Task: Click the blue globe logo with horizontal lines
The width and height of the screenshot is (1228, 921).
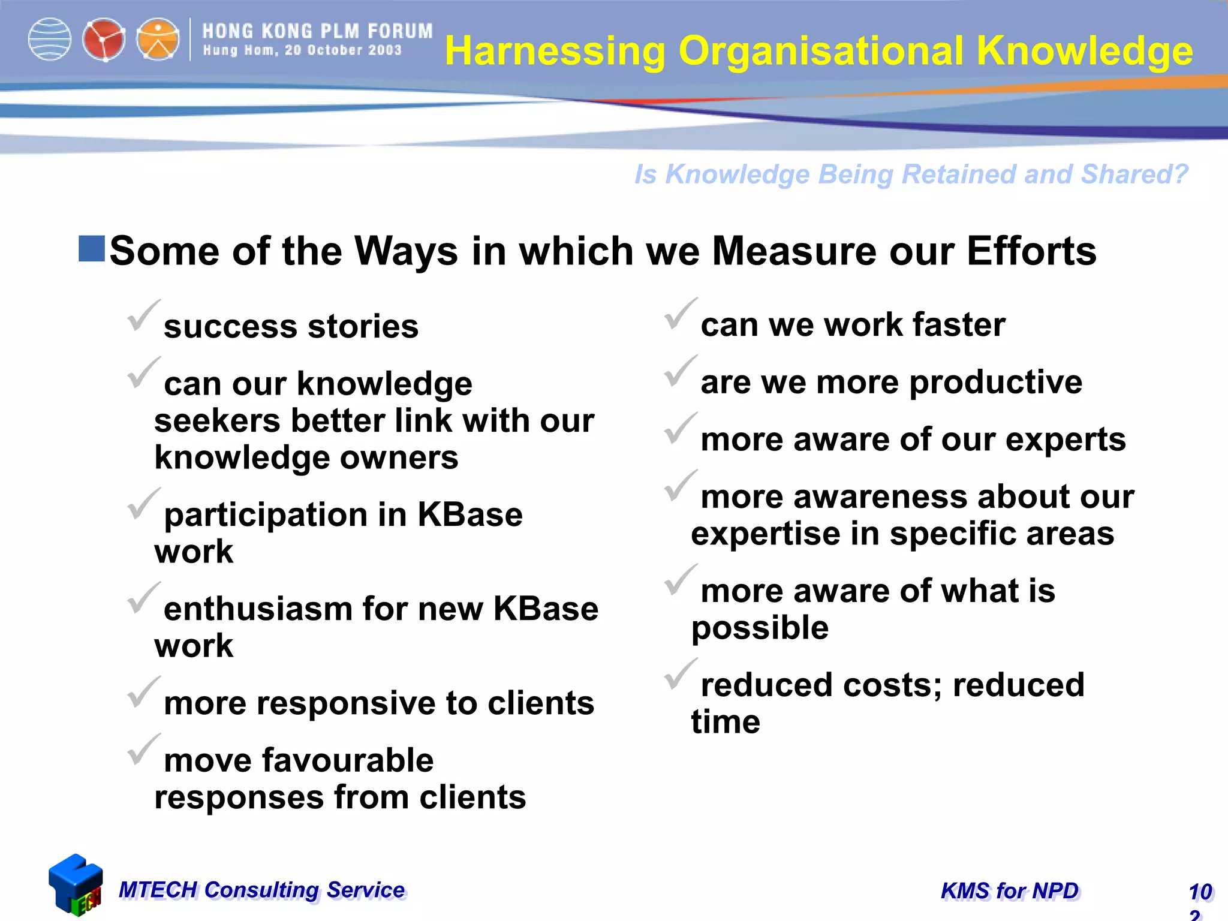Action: tap(50, 40)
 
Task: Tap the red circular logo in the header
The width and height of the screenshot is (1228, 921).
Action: tap(104, 40)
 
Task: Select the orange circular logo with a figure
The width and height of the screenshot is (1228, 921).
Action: tap(158, 40)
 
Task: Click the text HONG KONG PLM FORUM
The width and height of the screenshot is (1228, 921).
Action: tap(317, 31)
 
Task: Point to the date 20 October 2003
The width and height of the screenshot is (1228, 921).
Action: tap(343, 50)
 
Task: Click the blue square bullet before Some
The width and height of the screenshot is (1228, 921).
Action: tap(92, 249)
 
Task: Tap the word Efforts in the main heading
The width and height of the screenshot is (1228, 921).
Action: tap(1031, 251)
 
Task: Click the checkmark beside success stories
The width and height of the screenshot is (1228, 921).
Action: tap(143, 316)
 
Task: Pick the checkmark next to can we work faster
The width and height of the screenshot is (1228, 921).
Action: tap(680, 314)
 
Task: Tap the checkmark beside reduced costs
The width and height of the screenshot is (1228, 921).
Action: tap(680, 675)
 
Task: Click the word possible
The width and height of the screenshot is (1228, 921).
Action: tap(760, 628)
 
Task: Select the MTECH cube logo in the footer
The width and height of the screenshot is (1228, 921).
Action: tap(76, 885)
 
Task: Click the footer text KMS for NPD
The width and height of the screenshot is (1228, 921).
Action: tap(1010, 891)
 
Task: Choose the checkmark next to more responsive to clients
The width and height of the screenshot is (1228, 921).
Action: tap(143, 693)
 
